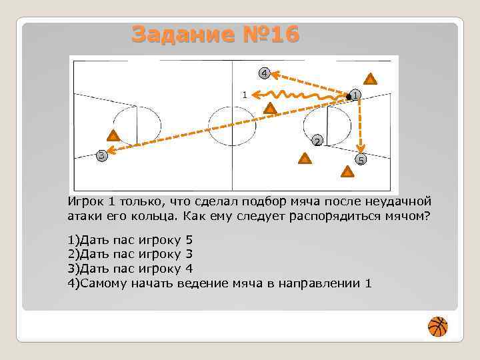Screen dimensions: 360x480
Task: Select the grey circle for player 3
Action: (x=101, y=156)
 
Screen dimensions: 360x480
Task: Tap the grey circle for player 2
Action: (x=317, y=141)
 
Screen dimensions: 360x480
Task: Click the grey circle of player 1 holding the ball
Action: (x=357, y=95)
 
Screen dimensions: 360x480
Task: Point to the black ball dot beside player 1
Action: (x=348, y=98)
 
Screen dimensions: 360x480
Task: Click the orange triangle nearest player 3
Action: (x=113, y=137)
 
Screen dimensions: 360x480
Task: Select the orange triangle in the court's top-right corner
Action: (x=371, y=79)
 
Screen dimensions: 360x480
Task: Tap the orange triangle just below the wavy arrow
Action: (x=269, y=108)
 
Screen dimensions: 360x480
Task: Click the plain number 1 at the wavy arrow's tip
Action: (x=245, y=95)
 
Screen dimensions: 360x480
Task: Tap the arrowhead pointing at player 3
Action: (x=112, y=153)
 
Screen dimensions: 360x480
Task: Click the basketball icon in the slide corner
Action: (x=437, y=327)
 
